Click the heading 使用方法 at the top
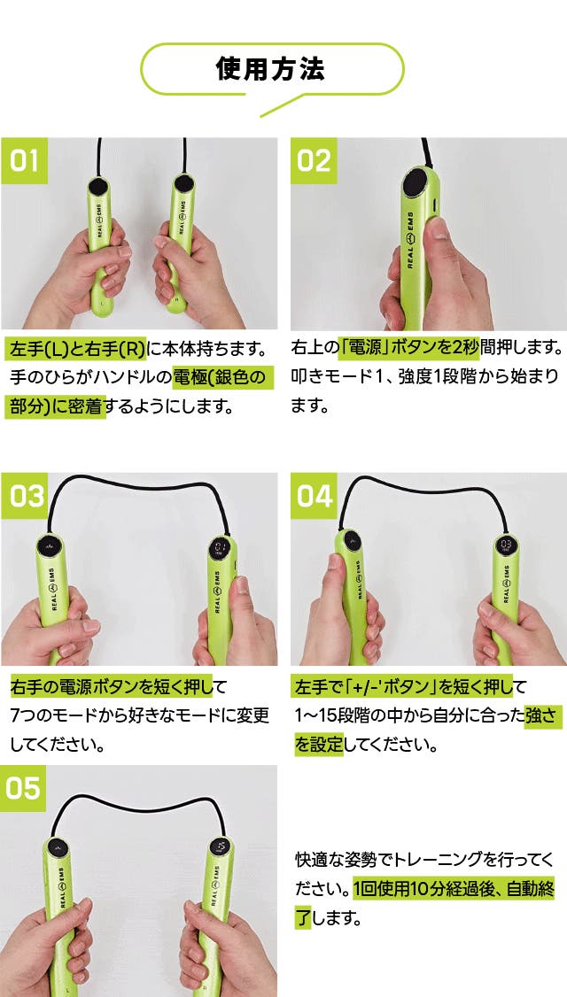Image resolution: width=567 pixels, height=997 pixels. click(x=270, y=69)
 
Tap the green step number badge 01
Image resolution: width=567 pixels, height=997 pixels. click(x=24, y=161)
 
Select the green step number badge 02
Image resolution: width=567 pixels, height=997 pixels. click(x=314, y=161)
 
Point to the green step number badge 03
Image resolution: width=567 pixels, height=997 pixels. click(x=24, y=496)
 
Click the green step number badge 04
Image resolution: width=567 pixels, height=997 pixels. click(x=314, y=496)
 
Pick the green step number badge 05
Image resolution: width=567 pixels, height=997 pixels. click(x=24, y=788)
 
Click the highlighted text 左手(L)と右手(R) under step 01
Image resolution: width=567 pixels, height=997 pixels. click(x=75, y=349)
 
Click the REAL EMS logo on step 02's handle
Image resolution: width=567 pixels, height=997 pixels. click(x=410, y=240)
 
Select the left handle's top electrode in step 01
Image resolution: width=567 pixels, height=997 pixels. click(x=97, y=186)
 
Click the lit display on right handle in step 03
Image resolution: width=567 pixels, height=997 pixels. click(x=222, y=547)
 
